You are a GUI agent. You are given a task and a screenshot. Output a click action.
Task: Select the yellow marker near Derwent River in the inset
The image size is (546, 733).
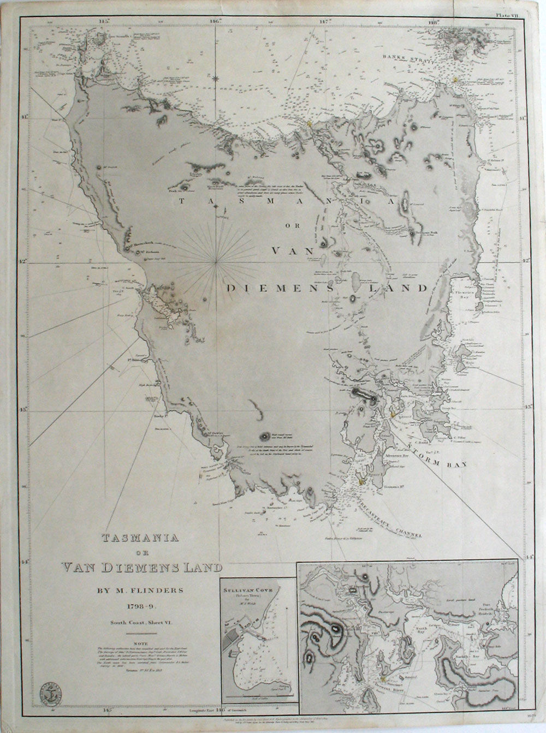tap(384, 678)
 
